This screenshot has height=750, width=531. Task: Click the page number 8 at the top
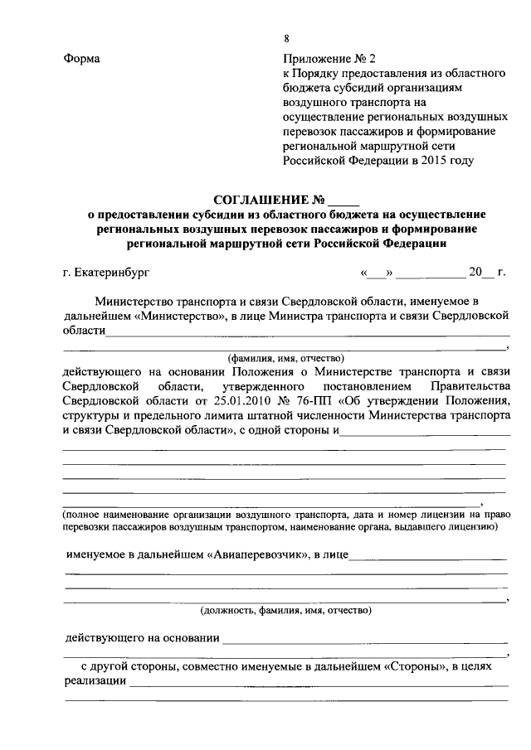(287, 39)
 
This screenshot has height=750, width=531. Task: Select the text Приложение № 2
(329, 60)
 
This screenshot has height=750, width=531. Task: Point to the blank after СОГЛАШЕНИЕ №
(344, 201)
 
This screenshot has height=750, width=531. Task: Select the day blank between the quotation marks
(379, 272)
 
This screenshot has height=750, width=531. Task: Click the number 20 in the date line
(475, 272)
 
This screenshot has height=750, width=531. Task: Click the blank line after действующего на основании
(365, 639)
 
